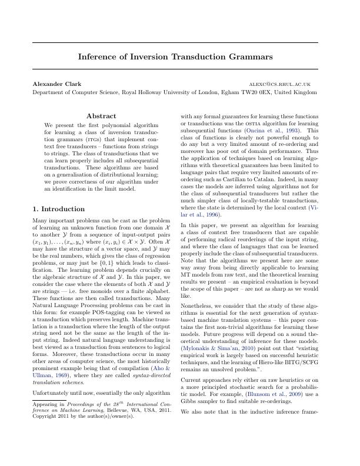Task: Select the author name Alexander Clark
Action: tap(57, 84)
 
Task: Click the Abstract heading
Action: tap(101, 116)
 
